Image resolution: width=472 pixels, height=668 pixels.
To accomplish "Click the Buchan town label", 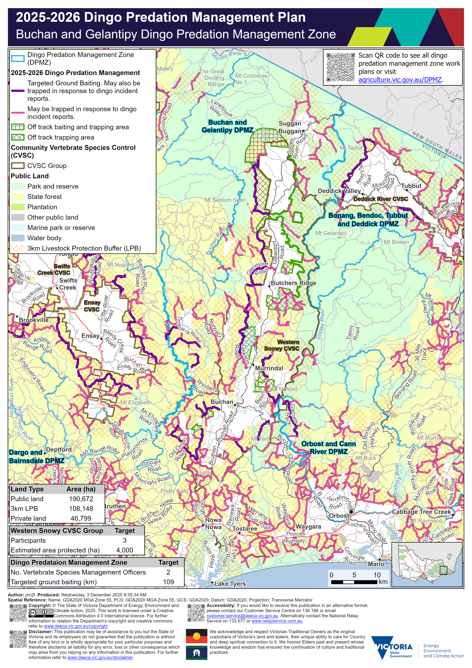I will (x=222, y=402).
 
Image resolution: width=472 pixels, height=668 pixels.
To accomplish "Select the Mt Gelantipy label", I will (x=331, y=233).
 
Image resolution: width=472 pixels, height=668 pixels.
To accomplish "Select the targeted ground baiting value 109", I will (x=169, y=582).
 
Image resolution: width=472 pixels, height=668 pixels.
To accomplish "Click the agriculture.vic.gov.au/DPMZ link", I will (x=400, y=80).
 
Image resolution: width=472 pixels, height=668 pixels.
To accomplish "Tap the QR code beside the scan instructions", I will (x=340, y=67).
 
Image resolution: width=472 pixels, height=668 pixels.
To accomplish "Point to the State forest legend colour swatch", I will (x=18, y=197).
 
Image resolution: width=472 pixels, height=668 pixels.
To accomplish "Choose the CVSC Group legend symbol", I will (x=18, y=165).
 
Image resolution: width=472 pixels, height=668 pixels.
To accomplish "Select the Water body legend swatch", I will (x=18, y=238).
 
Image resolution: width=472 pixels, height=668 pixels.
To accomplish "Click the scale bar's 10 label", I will (x=377, y=575).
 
